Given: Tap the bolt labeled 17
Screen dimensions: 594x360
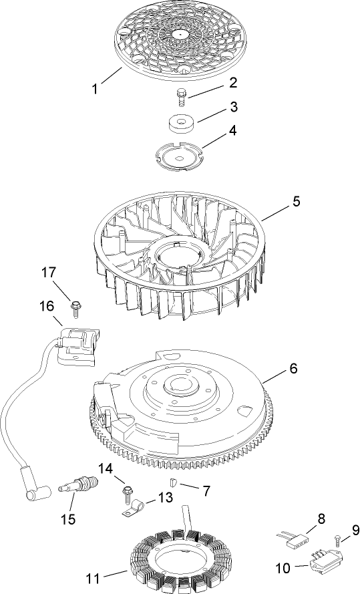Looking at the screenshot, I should tap(75, 308).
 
